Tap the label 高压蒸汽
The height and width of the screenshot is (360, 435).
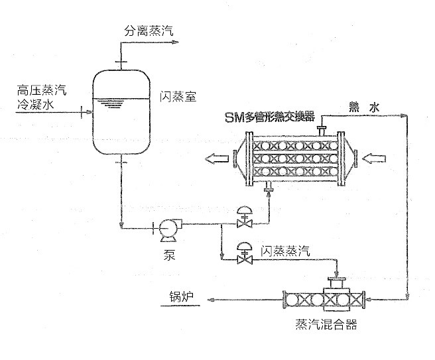tap(42, 89)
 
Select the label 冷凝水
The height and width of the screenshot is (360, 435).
tap(38, 103)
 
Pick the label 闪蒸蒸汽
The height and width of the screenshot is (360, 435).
tap(285, 249)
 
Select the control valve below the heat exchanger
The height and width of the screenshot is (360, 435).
tap(243, 217)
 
